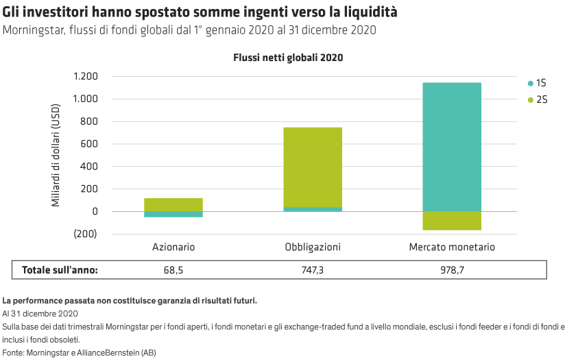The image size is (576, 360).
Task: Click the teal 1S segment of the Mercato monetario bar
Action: pos(451,146)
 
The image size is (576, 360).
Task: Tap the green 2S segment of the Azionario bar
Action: pos(173,204)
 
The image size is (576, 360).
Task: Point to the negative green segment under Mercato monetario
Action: pos(451,220)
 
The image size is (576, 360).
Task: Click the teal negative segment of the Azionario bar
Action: pos(173,214)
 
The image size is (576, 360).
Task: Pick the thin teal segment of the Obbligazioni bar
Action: pos(313,209)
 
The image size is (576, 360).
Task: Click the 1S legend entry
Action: pos(536,83)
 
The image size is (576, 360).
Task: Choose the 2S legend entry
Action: pos(536,100)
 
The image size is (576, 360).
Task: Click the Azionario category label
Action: pos(173,247)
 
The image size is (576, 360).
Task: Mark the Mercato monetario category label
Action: pos(451,247)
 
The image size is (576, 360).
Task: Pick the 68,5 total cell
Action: pos(173,270)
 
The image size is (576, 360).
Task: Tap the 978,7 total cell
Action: pos(451,270)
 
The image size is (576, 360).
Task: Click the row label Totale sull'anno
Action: pos(60,270)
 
